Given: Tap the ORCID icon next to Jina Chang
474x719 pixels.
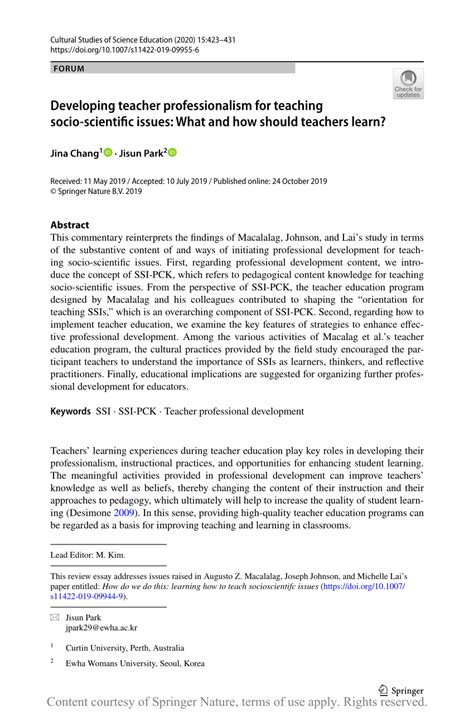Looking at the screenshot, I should (109, 153).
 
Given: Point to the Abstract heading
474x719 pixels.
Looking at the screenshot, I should (70, 225).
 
